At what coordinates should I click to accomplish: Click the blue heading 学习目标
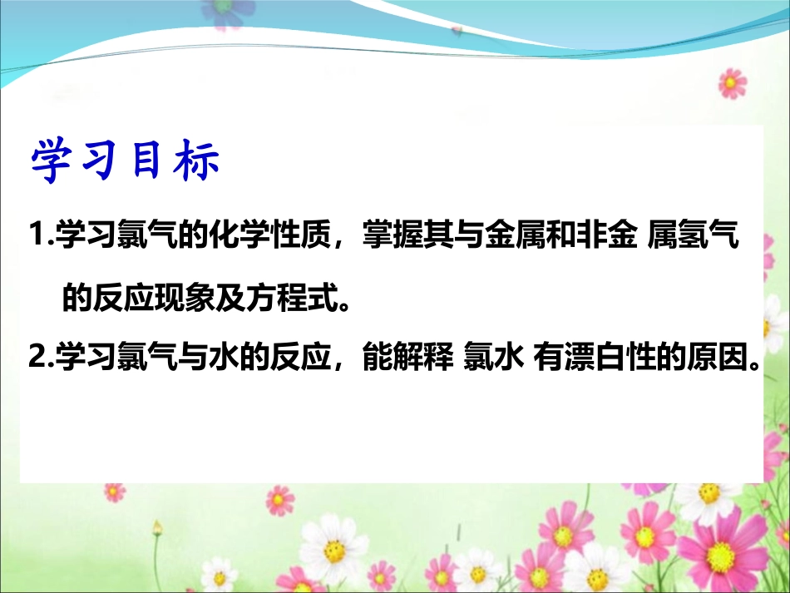click(x=125, y=161)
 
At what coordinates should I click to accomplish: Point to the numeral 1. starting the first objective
click(x=39, y=240)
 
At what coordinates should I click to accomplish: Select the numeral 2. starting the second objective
click(x=39, y=360)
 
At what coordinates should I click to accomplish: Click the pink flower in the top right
click(x=733, y=83)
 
